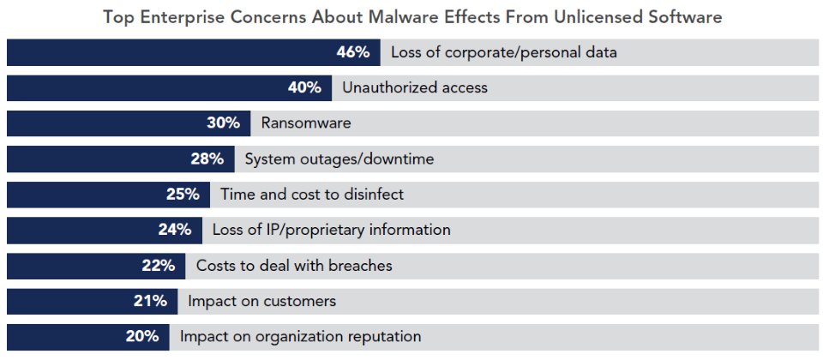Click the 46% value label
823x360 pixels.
point(353,52)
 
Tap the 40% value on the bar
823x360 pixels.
point(304,87)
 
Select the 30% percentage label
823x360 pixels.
point(223,123)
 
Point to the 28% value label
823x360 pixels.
point(207,159)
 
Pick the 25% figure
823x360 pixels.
point(183,195)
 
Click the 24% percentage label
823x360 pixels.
point(174,230)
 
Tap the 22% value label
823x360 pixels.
point(159,266)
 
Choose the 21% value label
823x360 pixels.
point(150,301)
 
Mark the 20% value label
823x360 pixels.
point(142,337)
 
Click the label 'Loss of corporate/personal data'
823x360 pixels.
point(503,52)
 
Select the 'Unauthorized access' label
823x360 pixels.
point(415,87)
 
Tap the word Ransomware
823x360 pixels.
point(306,123)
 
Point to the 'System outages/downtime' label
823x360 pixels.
point(339,159)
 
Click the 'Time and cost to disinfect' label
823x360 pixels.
point(312,195)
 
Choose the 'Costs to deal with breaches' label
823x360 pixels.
point(294,266)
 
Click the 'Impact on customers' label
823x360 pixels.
point(261,301)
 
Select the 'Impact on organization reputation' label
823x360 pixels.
point(300,337)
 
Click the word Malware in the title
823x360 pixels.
point(417,16)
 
